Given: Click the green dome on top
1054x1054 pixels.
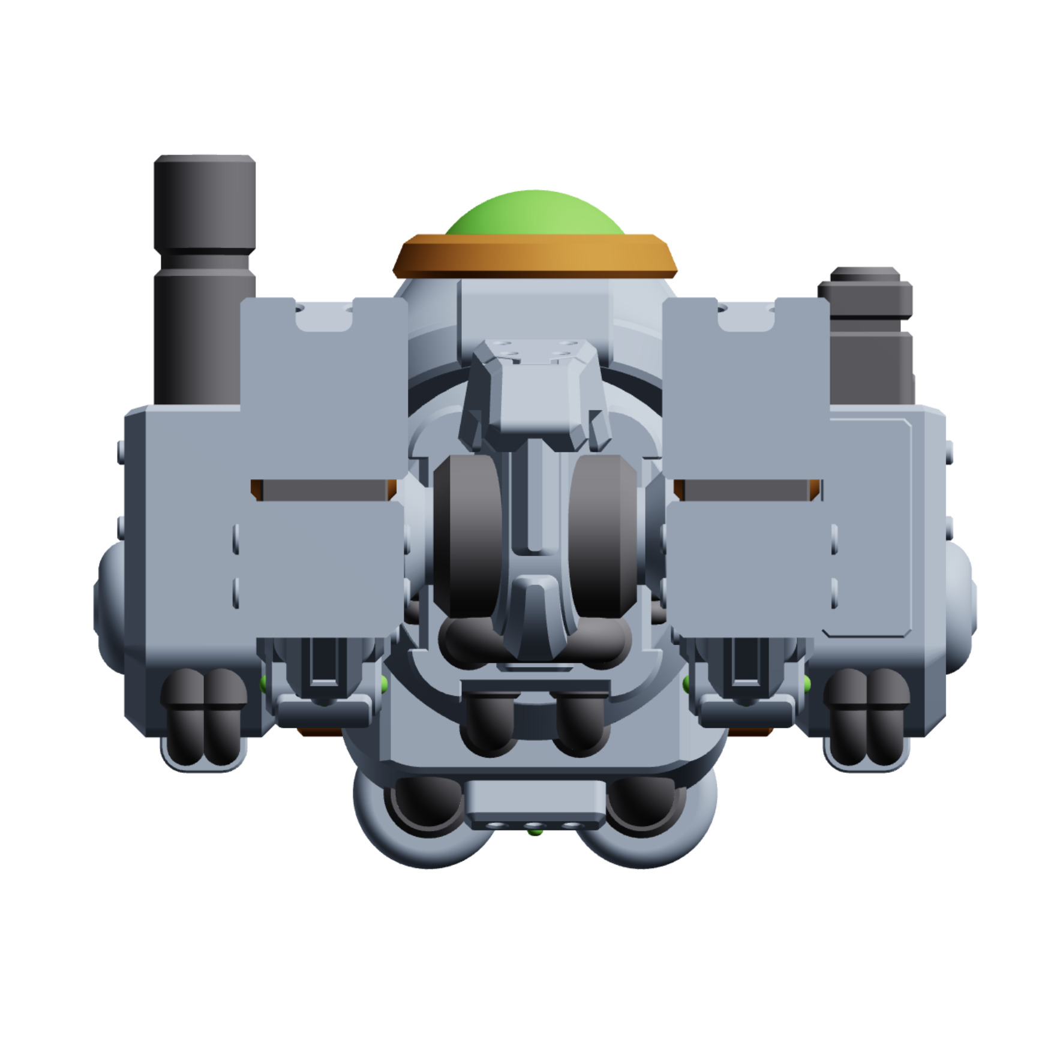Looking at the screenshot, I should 534,213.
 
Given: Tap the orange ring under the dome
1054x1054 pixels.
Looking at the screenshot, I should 534,257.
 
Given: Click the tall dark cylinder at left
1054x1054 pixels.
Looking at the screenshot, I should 204,276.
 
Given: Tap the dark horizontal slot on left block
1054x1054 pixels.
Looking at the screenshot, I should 324,490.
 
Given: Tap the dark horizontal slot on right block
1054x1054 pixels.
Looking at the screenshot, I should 747,490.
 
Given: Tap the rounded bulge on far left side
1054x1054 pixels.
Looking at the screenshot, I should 108,606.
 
